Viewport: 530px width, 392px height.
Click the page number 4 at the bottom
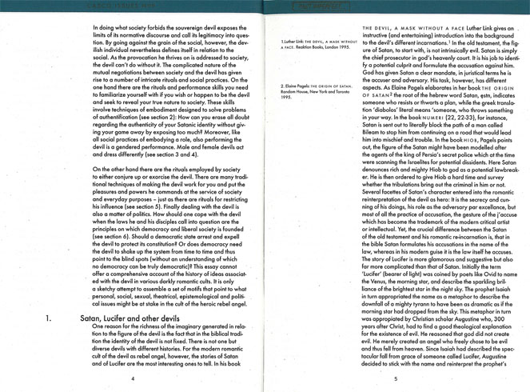[x=133, y=378]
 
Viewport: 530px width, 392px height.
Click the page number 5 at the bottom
[x=396, y=378]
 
